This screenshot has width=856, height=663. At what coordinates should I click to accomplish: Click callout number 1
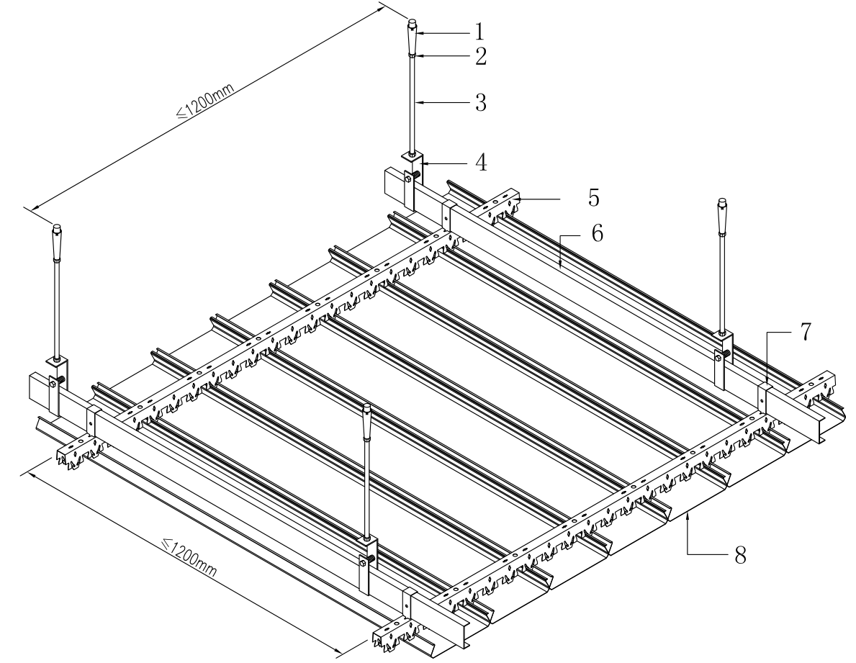point(479,32)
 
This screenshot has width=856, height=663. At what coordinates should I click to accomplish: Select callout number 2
point(479,56)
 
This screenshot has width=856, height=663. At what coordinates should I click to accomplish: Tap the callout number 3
point(479,102)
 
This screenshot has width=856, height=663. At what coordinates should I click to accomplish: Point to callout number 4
point(479,162)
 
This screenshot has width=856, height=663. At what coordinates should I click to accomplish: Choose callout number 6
point(594,234)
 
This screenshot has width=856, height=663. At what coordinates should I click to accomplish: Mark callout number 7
point(804,333)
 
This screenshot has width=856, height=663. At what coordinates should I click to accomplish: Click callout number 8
point(739,555)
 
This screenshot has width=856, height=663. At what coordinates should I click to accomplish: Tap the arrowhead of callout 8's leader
point(689,514)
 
